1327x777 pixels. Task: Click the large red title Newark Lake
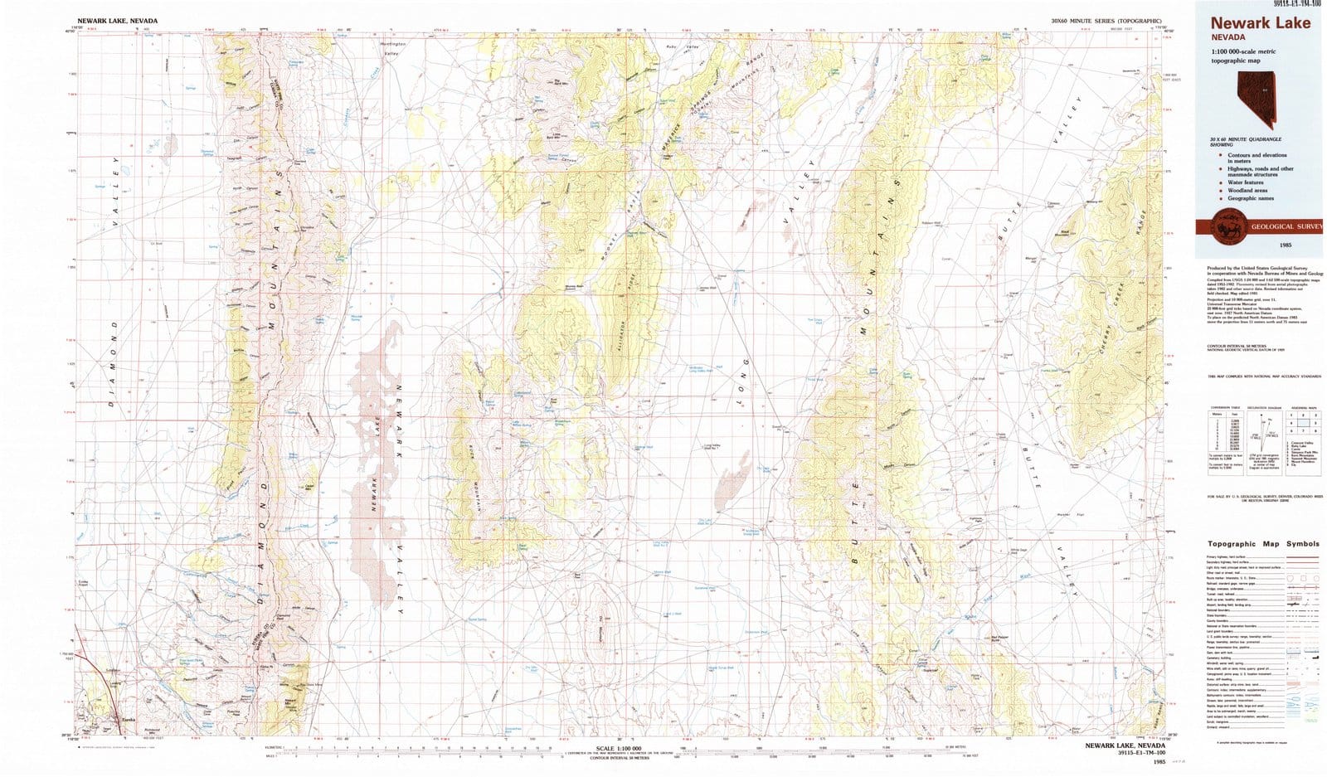[x=1260, y=22]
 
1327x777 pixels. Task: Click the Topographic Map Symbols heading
[x=1263, y=544]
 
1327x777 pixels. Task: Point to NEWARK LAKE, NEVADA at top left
[x=117, y=20]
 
